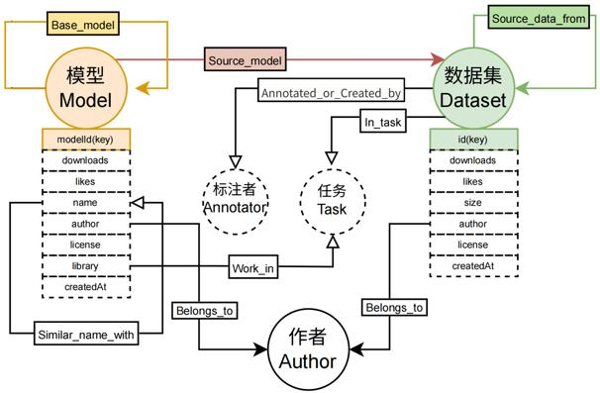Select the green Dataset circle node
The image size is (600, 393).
471,87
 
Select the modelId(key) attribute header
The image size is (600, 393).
85,139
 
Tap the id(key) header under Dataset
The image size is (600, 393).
472,139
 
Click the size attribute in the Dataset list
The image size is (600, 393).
472,203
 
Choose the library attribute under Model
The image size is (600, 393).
85,266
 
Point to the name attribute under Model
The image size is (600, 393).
85,203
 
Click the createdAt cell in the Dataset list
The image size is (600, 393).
472,266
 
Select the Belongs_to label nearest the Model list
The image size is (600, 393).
204,311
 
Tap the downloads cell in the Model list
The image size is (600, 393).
85,160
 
